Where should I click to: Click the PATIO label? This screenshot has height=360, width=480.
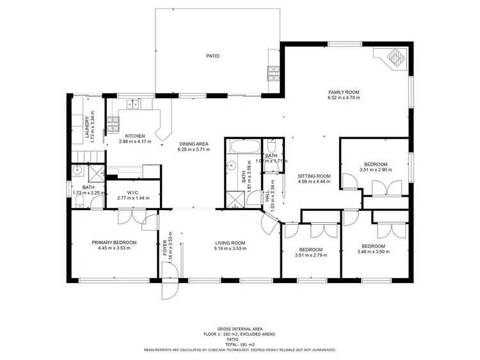click(212, 56)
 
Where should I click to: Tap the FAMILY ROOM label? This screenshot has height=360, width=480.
click(344, 92)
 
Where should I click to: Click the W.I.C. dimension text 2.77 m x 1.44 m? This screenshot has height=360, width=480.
click(133, 198)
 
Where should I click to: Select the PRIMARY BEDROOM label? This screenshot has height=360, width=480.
click(114, 242)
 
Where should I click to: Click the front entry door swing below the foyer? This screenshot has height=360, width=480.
click(170, 289)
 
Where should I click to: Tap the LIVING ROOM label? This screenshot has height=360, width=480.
click(230, 243)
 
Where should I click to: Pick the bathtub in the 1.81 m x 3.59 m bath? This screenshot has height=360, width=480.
click(243, 147)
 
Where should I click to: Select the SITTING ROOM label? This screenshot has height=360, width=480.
click(314, 176)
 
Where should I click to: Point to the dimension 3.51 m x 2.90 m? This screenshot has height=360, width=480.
click(376, 170)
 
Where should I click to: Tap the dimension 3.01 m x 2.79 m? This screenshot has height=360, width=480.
click(310, 255)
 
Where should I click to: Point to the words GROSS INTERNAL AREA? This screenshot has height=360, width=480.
click(239, 327)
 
